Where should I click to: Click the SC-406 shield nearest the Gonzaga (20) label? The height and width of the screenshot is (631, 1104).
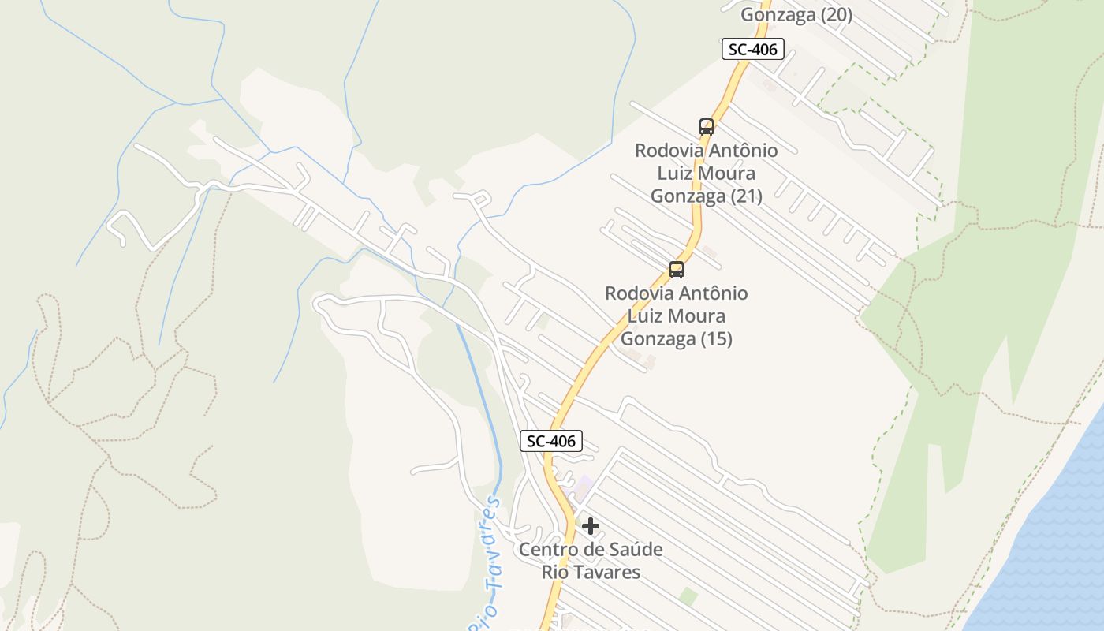point(752,49)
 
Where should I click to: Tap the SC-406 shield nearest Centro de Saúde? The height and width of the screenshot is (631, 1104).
point(551,441)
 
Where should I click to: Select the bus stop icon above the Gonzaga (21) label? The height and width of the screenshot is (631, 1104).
point(707,126)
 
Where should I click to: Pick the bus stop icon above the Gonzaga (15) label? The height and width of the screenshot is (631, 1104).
point(677,270)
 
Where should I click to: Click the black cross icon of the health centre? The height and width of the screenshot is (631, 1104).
point(591,526)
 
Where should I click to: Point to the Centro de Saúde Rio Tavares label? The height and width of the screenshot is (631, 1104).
point(591,560)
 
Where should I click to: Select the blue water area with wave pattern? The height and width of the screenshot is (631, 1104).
point(1049,552)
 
